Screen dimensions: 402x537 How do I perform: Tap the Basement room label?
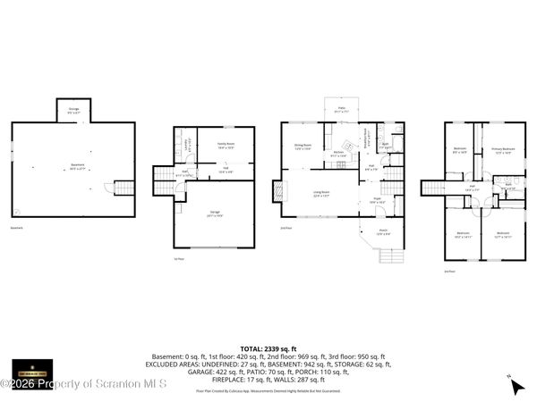tap(78, 165)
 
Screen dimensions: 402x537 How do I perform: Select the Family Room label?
tap(225, 145)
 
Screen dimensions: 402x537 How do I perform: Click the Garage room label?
tap(215, 214)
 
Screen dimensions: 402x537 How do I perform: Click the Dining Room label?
tap(303, 147)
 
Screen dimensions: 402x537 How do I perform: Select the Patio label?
tap(341, 110)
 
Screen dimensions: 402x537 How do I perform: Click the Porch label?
tap(382, 232)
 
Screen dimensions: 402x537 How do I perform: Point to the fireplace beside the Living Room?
tap(277, 193)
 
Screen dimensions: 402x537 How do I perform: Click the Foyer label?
tap(377, 201)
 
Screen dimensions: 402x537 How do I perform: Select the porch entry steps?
tap(392, 257)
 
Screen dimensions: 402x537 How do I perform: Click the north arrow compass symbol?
tap(516, 386)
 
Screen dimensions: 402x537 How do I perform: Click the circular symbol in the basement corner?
tap(20, 211)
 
